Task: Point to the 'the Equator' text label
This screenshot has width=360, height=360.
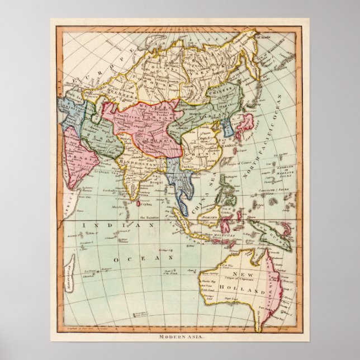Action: pos(150,217)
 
